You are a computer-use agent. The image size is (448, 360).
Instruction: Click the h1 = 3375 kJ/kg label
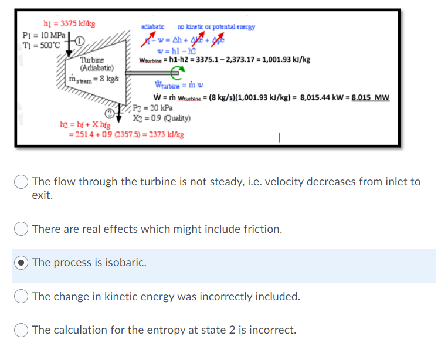click(70, 24)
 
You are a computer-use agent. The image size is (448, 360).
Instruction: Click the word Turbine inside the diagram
click(92, 60)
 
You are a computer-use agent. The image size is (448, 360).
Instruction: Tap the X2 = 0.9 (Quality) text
click(156, 118)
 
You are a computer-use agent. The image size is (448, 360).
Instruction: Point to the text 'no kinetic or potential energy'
click(216, 27)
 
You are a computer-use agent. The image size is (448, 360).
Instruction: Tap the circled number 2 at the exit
click(109, 113)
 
